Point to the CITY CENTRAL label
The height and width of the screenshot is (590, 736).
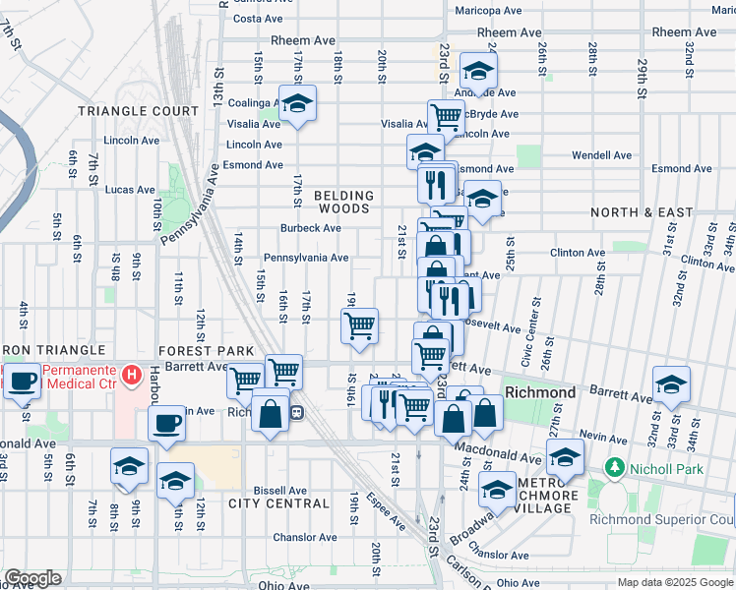[x=278, y=503]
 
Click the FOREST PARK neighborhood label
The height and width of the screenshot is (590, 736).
[x=206, y=350]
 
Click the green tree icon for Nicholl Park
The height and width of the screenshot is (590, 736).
[x=617, y=465]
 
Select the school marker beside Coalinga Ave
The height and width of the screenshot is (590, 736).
[x=296, y=102]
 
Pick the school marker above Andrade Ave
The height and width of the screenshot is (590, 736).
[x=478, y=70]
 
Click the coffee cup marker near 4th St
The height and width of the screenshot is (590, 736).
[x=23, y=381]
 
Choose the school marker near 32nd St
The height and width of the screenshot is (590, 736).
[x=671, y=383]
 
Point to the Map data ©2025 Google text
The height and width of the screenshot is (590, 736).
[x=674, y=582]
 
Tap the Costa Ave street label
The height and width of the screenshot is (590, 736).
[x=258, y=18]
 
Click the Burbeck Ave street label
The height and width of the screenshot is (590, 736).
[x=310, y=228]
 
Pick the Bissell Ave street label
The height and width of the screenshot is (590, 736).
[x=281, y=489]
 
